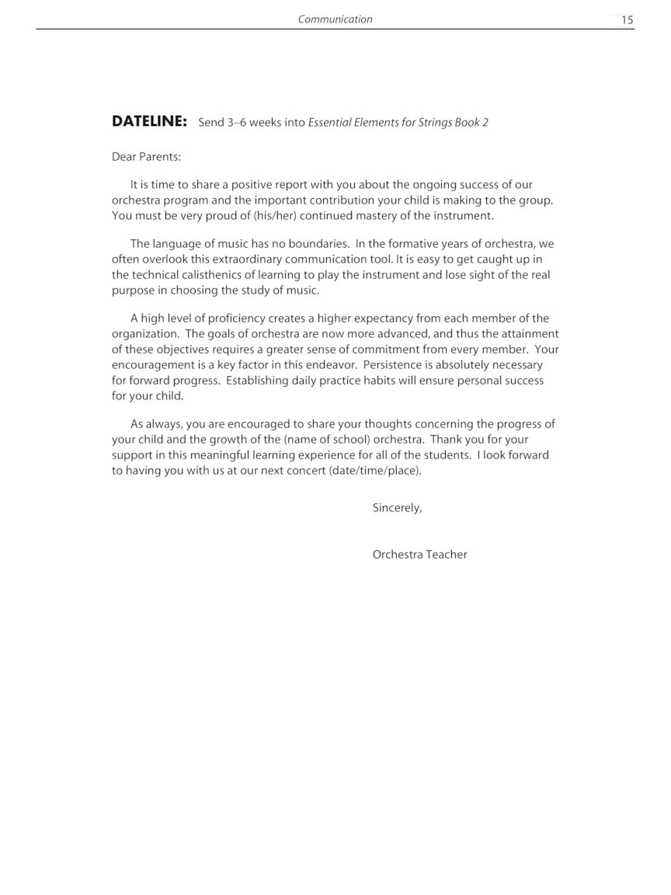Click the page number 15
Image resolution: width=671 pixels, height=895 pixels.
point(627,20)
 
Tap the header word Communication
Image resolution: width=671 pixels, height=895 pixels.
point(335,19)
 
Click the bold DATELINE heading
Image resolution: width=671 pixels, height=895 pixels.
point(149,121)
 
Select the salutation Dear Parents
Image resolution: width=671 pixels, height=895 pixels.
point(146,156)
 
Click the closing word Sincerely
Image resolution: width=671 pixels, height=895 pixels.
point(397,507)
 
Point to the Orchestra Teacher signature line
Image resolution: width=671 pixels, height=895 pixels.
point(419,554)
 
